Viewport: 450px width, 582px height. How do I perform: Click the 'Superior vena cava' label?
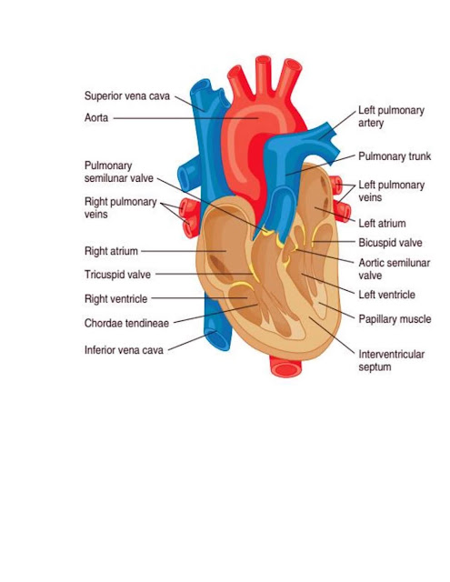(x=127, y=96)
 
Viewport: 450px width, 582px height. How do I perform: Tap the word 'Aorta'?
(x=96, y=118)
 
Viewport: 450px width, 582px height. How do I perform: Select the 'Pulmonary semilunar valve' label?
(x=119, y=172)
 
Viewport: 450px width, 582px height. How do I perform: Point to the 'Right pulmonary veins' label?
(x=121, y=208)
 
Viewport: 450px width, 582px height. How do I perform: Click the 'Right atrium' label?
(x=111, y=251)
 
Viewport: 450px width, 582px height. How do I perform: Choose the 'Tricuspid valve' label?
(x=117, y=275)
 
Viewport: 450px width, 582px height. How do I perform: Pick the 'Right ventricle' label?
(x=115, y=299)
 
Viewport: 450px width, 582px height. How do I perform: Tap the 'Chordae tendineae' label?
(x=127, y=324)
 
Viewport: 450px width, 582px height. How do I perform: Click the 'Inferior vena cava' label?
(x=124, y=350)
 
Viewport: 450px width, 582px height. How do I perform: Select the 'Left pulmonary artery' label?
(x=392, y=116)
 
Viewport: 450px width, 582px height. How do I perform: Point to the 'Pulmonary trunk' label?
(x=395, y=156)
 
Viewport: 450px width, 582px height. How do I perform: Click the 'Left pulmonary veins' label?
(x=392, y=191)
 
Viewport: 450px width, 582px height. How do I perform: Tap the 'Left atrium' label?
(x=382, y=224)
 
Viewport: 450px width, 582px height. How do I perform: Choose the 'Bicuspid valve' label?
(x=390, y=243)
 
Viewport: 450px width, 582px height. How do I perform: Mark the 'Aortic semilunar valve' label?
(x=395, y=269)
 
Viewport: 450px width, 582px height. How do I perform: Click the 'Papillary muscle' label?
(x=395, y=319)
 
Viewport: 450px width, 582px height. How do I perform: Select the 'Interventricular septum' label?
(x=392, y=360)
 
